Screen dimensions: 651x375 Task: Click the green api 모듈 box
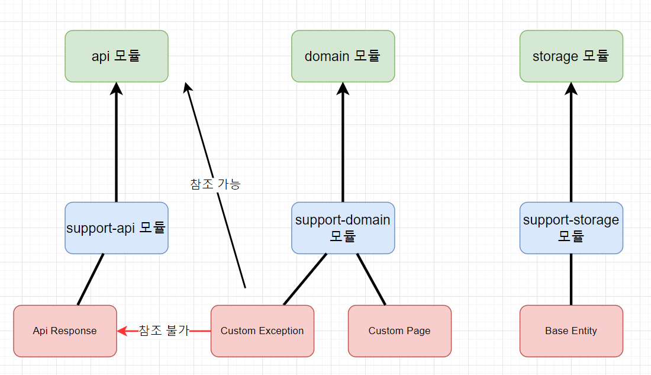(x=117, y=56)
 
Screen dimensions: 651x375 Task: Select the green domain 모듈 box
(x=343, y=56)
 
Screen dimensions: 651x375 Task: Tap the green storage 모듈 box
(x=571, y=56)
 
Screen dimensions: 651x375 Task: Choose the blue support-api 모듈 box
(x=117, y=228)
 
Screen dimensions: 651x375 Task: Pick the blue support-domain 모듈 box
(x=343, y=228)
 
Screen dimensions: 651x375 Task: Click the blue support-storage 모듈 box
(x=571, y=228)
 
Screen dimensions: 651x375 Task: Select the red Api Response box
(x=65, y=331)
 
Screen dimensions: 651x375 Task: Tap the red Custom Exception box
(x=262, y=331)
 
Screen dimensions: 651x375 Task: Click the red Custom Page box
(x=400, y=331)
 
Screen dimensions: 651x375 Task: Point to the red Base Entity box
(x=571, y=331)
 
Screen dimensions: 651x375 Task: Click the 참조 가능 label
(x=215, y=184)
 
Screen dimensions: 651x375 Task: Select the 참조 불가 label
(x=164, y=331)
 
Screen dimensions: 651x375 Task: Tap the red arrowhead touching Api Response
(x=123, y=331)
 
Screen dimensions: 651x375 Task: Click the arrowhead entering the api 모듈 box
(x=116, y=88)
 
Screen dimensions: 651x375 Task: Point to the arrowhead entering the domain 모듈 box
(x=343, y=88)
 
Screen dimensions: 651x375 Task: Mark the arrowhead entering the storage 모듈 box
(x=571, y=88)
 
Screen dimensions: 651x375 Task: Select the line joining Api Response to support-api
(x=91, y=280)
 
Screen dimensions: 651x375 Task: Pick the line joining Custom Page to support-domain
(x=371, y=280)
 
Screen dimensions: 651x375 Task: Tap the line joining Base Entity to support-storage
(x=571, y=280)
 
